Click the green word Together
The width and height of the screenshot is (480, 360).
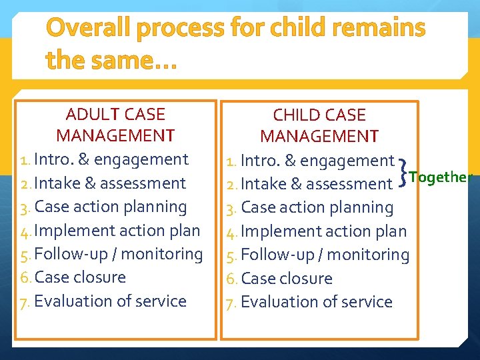point(441,177)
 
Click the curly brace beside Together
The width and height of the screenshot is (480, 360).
point(402,172)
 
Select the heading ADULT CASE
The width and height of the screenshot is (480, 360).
point(115,114)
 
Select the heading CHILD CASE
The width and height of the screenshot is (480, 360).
point(319,115)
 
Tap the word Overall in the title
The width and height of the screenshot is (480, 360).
point(89,28)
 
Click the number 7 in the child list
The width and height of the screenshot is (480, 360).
point(231,302)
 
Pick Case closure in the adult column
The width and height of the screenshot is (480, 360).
point(80,277)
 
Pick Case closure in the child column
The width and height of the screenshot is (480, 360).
point(287,278)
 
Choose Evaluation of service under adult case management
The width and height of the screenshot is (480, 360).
point(110,301)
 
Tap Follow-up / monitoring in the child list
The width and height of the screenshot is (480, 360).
point(325,255)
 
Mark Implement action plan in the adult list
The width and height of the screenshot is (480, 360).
point(117,231)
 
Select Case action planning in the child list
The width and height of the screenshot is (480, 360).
point(317,207)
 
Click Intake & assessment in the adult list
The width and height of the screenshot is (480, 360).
point(110,183)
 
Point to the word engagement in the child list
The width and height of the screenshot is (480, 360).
point(347,161)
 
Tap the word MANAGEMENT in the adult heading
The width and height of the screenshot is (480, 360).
point(115,136)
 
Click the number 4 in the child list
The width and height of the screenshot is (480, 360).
point(231,231)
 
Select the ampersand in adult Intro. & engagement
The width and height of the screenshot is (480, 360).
point(85,160)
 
